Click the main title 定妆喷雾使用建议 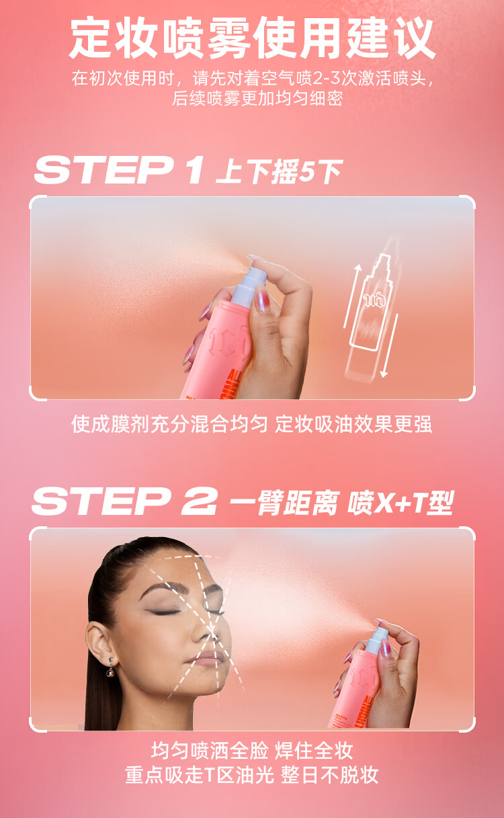(252, 38)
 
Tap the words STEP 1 (119, 170)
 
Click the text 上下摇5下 (280, 171)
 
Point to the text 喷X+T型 (401, 503)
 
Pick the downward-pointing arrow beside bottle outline (389, 345)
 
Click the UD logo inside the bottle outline (374, 300)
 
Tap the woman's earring (110, 671)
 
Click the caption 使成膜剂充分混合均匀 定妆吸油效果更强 (252, 424)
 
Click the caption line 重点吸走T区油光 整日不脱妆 (252, 775)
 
